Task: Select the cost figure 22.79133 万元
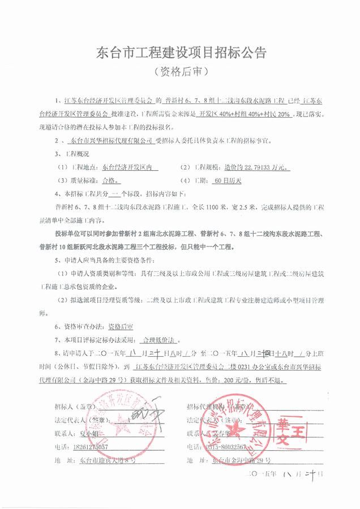[261, 167]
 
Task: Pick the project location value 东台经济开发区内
[130, 167]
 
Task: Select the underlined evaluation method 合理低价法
[161, 341]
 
